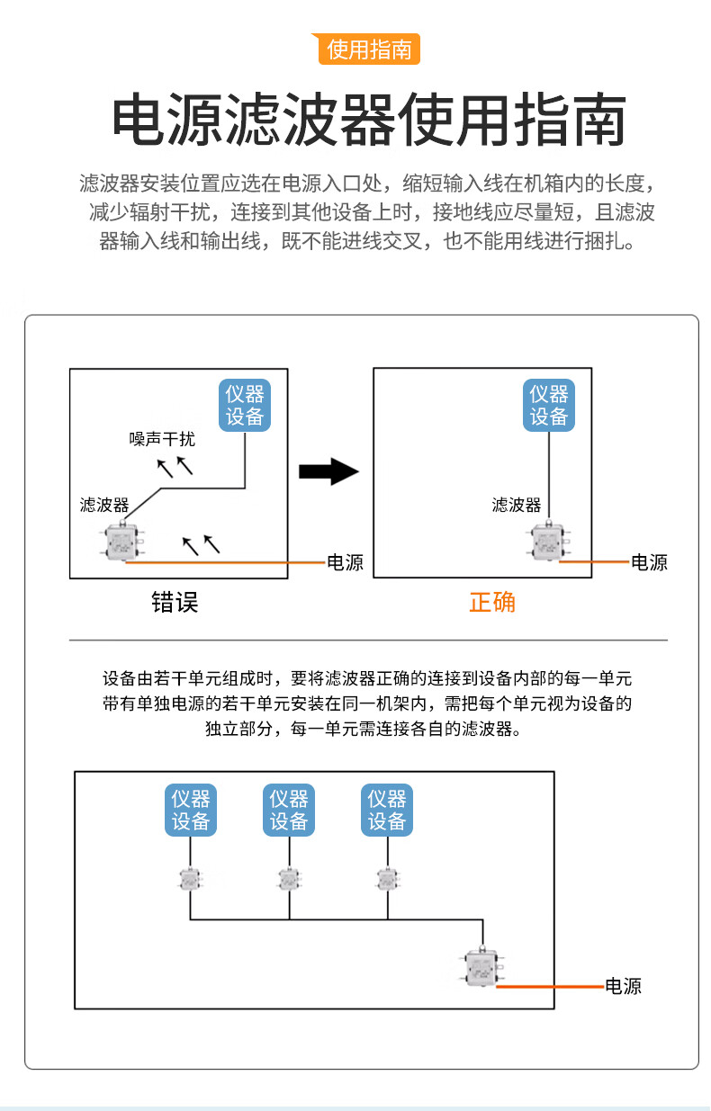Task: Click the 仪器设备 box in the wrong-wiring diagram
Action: click(x=245, y=406)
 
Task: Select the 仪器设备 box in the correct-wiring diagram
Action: click(x=549, y=406)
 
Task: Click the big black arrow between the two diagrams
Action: click(x=328, y=470)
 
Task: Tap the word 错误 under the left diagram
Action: click(x=175, y=602)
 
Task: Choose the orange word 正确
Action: click(x=492, y=602)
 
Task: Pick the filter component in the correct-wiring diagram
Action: click(x=547, y=541)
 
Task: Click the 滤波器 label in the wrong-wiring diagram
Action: click(x=104, y=505)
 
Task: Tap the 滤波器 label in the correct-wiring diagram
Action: click(x=517, y=505)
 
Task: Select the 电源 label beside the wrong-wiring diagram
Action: click(x=345, y=563)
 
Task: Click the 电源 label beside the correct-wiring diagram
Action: click(x=649, y=563)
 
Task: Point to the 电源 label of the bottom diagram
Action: click(x=623, y=986)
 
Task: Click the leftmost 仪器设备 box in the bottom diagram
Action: click(x=191, y=810)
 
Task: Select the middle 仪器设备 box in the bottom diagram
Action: click(x=289, y=810)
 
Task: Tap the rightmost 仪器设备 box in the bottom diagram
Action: click(x=387, y=810)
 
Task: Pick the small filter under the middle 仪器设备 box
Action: click(x=288, y=879)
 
